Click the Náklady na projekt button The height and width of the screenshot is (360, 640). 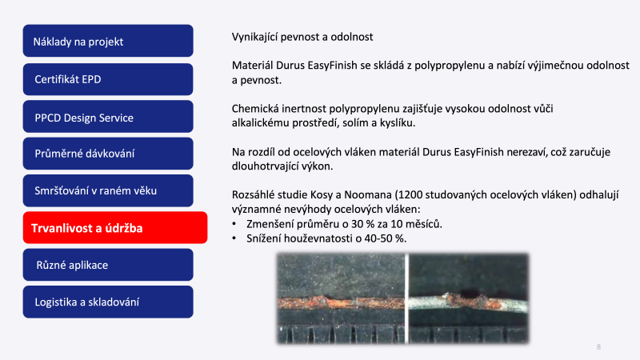point(108,41)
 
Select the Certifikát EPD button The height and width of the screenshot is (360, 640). point(108,79)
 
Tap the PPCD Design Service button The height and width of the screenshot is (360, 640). point(108,117)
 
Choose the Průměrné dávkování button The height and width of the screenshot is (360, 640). point(108,154)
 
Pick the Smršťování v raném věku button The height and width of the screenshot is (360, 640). point(108,190)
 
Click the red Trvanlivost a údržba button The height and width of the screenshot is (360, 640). point(115,228)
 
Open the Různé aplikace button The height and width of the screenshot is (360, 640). point(108,265)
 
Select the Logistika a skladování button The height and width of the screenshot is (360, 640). point(108,302)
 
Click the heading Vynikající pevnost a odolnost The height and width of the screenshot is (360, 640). point(302,37)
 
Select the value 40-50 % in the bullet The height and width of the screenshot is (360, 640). point(385,238)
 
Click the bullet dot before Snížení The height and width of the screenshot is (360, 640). point(234,238)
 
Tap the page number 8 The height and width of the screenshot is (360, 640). point(598,347)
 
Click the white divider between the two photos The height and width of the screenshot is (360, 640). point(406,298)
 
